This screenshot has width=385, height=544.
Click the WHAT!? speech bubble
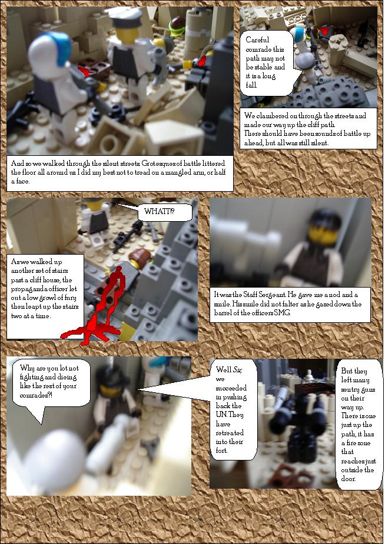pyautogui.click(x=165, y=212)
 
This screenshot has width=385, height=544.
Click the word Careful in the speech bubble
pyautogui.click(x=257, y=39)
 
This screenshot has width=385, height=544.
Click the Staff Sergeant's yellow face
pyautogui.click(x=318, y=232)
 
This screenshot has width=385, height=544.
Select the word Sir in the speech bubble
pyautogui.click(x=237, y=370)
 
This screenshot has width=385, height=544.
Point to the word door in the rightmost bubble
pyautogui.click(x=348, y=479)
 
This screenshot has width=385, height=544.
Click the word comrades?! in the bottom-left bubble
pyautogui.click(x=36, y=395)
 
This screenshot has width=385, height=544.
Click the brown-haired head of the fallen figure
pyautogui.click(x=141, y=259)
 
